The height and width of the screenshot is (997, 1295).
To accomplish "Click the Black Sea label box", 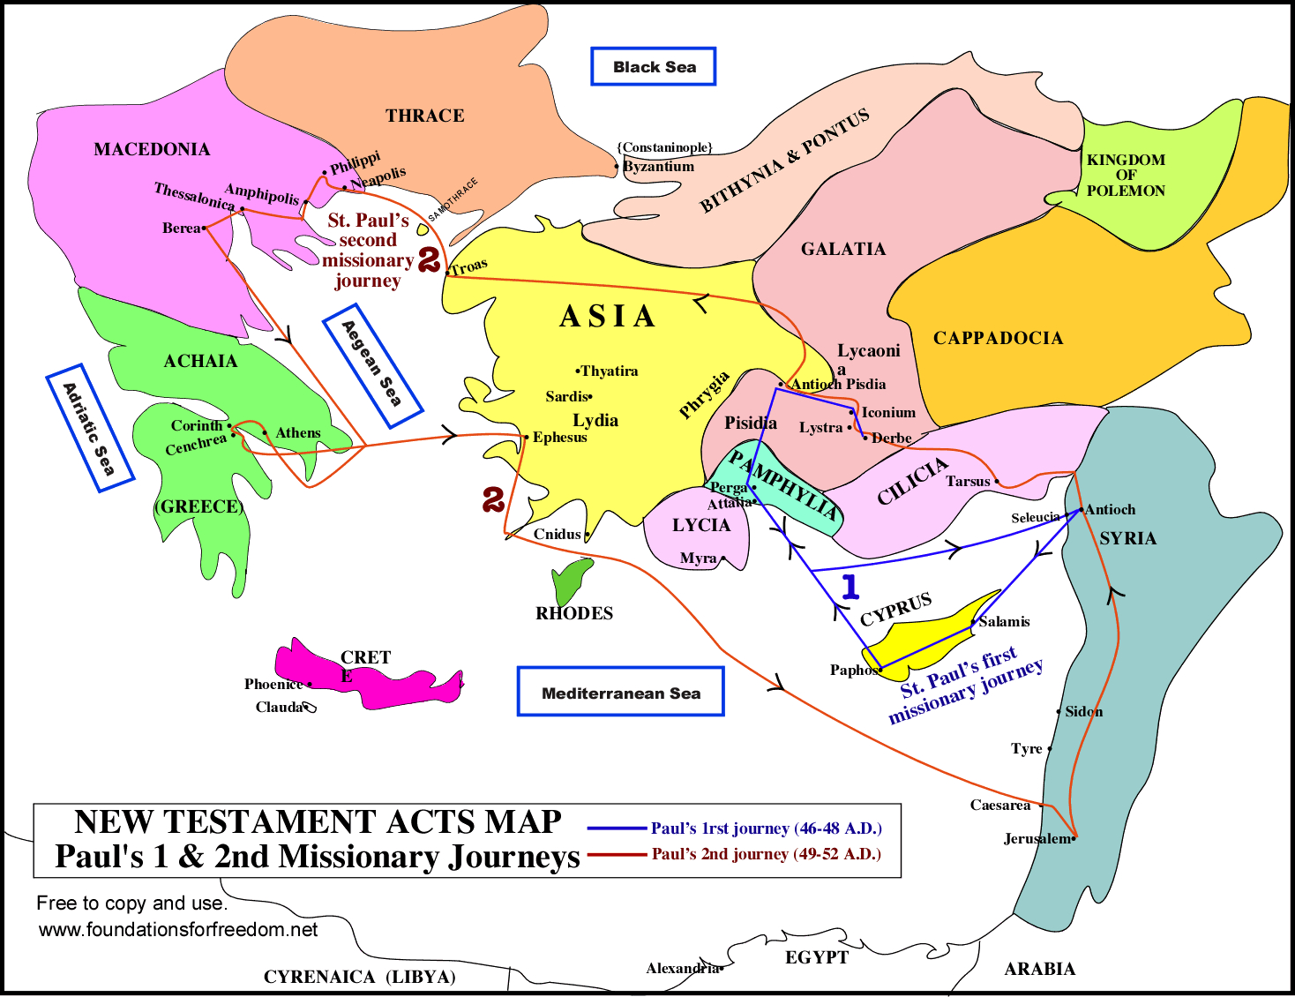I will click(653, 67).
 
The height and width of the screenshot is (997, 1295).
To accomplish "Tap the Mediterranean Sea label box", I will click(620, 693).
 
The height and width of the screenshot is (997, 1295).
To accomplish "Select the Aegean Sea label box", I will click(371, 364).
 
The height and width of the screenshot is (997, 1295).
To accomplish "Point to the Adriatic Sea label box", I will click(89, 428).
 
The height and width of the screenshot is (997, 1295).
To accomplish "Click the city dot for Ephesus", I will click(527, 437).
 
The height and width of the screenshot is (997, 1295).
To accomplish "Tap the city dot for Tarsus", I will click(997, 481).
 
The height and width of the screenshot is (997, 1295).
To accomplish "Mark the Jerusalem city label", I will click(1037, 838).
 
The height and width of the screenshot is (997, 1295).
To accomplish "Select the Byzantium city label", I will click(658, 166).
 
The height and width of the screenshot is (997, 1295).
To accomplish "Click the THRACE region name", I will click(424, 116).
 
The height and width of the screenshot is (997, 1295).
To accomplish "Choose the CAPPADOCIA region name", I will click(998, 338).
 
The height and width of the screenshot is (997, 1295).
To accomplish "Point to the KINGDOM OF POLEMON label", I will click(1126, 175).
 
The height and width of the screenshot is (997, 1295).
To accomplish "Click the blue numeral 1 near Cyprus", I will click(850, 587).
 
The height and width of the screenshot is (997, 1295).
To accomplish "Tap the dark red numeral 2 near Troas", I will click(429, 259).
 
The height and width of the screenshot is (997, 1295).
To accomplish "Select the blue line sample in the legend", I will click(617, 828).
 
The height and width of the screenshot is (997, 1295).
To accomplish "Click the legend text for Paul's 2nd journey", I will click(766, 854).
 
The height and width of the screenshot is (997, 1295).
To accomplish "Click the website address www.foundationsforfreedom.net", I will click(178, 929).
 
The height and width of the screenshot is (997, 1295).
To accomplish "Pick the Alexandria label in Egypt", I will click(682, 968).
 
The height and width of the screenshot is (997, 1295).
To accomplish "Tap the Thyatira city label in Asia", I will click(609, 371).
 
